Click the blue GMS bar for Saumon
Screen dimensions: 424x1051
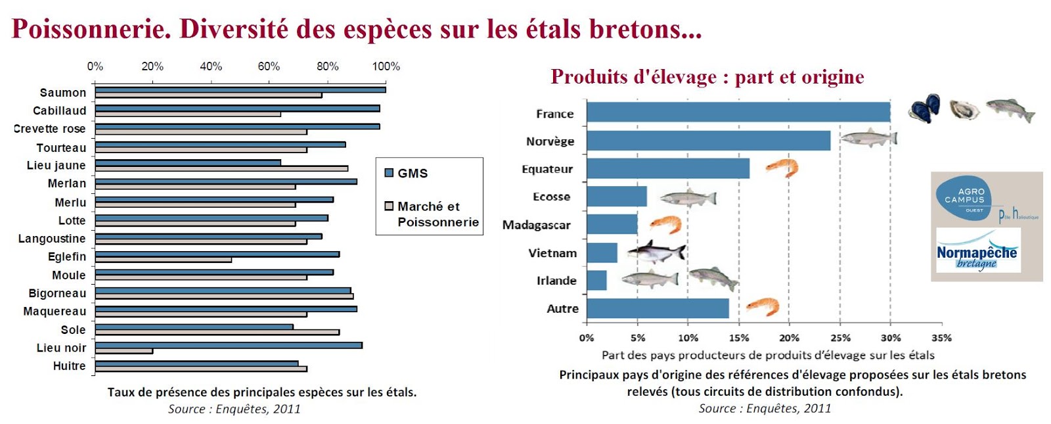point(240,90)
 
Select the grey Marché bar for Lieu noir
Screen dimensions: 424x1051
point(124,351)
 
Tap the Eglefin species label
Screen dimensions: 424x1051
point(67,256)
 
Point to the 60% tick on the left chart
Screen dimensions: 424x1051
point(269,66)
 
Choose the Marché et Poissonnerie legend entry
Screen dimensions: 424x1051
point(432,214)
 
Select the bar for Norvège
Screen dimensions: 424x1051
point(708,141)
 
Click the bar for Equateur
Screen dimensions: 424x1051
point(667,168)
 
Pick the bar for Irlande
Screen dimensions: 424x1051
point(596,280)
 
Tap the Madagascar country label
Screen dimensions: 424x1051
point(536,225)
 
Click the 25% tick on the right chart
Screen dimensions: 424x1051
point(840,338)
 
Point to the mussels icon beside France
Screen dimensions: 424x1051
point(924,108)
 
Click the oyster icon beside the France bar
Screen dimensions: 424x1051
point(964,109)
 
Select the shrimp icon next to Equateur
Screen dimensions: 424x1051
point(782,168)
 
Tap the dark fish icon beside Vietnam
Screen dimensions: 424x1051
point(656,251)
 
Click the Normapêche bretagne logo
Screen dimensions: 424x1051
point(977,250)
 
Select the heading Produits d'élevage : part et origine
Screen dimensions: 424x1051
point(707,77)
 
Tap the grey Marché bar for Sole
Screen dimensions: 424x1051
point(217,332)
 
